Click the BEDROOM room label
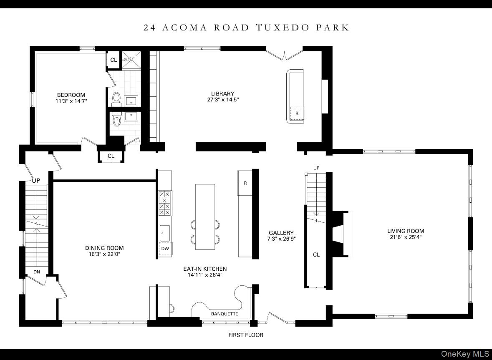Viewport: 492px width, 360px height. [x=71, y=95]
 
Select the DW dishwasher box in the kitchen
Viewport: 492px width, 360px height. [x=165, y=249]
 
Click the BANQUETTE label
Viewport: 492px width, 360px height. [x=225, y=314]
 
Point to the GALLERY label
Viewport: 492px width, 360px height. [x=281, y=233]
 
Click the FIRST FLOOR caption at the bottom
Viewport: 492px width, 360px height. [x=245, y=335]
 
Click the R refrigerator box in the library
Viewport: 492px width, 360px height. [x=297, y=113]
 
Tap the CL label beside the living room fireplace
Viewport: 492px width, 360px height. [x=316, y=254]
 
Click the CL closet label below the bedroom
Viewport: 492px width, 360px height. [x=111, y=156]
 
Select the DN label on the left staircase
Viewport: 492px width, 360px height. [x=37, y=272]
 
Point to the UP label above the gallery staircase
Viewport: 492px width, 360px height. [x=316, y=168]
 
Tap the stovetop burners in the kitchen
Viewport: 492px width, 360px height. [x=165, y=203]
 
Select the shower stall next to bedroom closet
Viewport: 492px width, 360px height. [x=131, y=59]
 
